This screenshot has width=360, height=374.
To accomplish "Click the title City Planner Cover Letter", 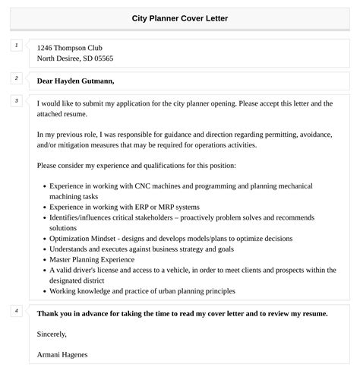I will click(x=180, y=17).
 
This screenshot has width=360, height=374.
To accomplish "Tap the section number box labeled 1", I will click(x=16, y=46).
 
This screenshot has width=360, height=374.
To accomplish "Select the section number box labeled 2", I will click(x=16, y=78).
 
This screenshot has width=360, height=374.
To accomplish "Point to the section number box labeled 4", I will click(x=16, y=310).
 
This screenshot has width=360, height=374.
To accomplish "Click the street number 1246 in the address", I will click(x=46, y=48).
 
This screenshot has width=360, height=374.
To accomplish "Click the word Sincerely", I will click(x=52, y=334).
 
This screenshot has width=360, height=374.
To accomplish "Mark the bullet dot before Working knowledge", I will click(x=43, y=291).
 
